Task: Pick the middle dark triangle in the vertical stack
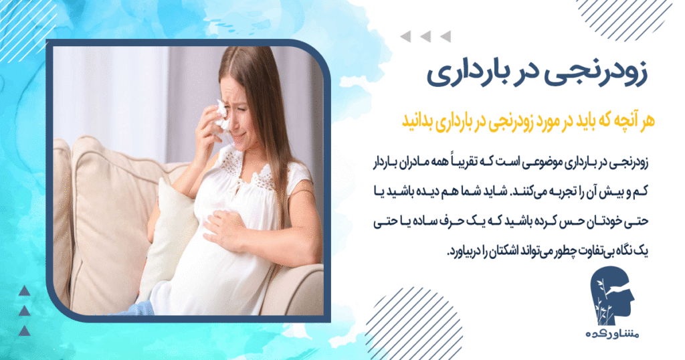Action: (24, 310)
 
